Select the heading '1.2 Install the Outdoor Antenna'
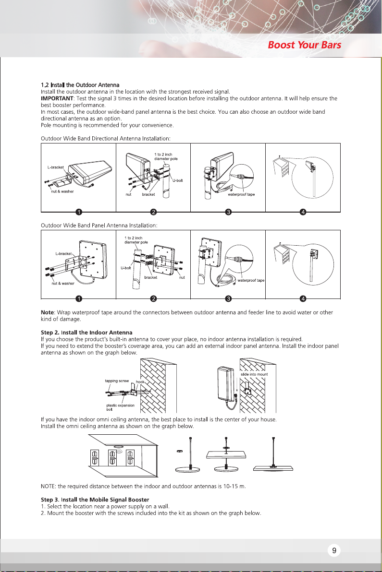coord(80,85)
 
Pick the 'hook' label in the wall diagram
coord(140,381)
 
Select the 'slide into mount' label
coord(254,374)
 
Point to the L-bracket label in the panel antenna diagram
coord(62,253)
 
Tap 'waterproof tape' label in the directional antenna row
coord(241,194)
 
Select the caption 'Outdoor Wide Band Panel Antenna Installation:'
coord(100,225)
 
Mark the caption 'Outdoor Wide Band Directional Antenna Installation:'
coord(106,138)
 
